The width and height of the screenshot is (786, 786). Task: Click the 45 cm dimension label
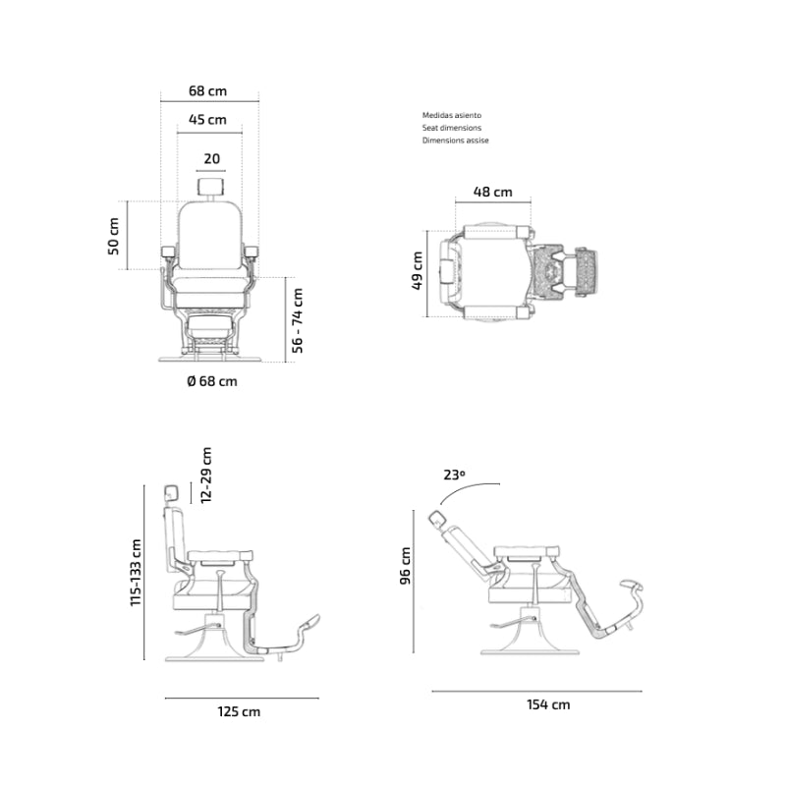point(207,120)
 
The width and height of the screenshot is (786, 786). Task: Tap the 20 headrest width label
point(211,159)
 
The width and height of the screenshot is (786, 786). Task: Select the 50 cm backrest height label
point(114,236)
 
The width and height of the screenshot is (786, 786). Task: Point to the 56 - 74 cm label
point(298,320)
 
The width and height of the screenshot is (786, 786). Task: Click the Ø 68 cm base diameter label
point(212,381)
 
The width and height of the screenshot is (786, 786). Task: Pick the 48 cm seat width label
point(493,192)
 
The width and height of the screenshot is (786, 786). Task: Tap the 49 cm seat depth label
point(417,271)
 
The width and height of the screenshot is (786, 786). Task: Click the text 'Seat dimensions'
point(452,128)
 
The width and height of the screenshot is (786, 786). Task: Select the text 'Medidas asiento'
point(452,115)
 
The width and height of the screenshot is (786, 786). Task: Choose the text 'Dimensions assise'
point(455,140)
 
